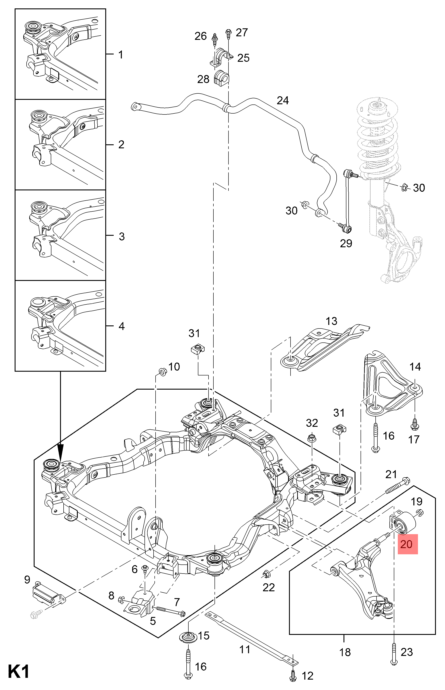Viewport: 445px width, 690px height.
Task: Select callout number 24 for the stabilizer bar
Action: pyautogui.click(x=283, y=101)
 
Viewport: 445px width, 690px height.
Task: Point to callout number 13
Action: pyautogui.click(x=332, y=321)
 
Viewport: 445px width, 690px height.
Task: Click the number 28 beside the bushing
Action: pyautogui.click(x=203, y=79)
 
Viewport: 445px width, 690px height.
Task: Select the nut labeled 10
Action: pyautogui.click(x=162, y=371)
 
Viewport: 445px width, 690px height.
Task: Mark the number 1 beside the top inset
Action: pyautogui.click(x=121, y=54)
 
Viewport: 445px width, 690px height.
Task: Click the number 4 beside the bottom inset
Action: pyautogui.click(x=121, y=326)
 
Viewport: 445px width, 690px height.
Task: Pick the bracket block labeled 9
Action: pyautogui.click(x=45, y=594)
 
